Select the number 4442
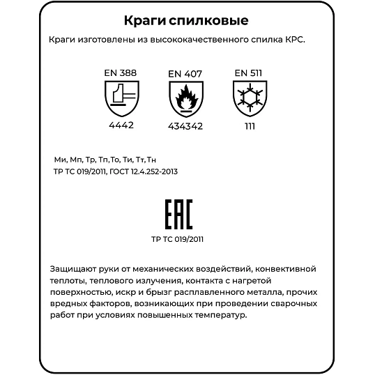tap(121, 125)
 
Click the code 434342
tap(185, 128)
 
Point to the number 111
tap(249, 126)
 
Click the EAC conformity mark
tap(178, 215)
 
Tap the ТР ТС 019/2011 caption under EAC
tap(178, 238)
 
